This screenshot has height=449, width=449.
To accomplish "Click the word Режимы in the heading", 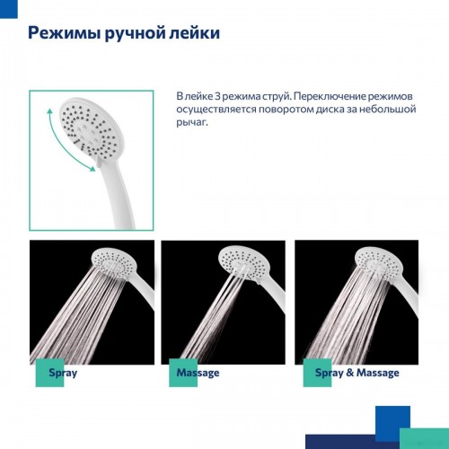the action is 64,33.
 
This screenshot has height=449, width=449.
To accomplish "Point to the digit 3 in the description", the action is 218,96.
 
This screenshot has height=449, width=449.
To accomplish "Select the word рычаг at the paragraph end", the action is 190,122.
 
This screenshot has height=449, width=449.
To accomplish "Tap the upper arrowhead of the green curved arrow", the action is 50,112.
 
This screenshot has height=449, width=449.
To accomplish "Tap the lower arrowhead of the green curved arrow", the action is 92,169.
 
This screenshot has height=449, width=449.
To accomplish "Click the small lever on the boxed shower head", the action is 100,162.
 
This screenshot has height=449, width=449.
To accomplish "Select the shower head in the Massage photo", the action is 244,261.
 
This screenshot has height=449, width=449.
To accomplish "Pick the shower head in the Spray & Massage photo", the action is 378,261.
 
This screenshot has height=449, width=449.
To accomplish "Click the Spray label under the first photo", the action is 63,373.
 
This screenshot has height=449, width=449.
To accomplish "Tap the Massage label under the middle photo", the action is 198,373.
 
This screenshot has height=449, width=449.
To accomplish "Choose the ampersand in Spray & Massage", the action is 349,373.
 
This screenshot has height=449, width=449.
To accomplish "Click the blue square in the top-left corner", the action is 9,9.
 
